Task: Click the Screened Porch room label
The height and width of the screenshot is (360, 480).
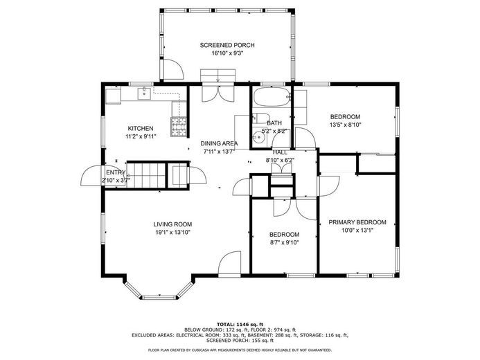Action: [x=227, y=45]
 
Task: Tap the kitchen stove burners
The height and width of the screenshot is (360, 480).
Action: [x=179, y=127]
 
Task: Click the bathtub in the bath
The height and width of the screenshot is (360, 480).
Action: [x=271, y=97]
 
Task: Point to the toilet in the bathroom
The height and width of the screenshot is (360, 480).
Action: [x=261, y=118]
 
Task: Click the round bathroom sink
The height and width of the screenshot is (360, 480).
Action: [x=259, y=138]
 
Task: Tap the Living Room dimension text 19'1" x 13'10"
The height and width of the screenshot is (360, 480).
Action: [x=172, y=233]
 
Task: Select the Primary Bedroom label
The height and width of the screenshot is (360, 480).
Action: [x=357, y=222]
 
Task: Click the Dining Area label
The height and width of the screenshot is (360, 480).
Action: [x=219, y=143]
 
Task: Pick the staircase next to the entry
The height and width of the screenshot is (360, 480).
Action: [x=146, y=175]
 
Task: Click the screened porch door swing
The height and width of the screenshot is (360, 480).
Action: [x=173, y=69]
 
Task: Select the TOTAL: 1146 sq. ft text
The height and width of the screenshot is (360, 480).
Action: [x=240, y=324]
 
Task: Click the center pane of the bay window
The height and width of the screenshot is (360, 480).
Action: [x=159, y=297]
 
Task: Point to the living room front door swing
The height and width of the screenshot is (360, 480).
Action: [x=229, y=264]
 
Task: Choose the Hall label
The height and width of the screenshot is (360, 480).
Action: [x=280, y=152]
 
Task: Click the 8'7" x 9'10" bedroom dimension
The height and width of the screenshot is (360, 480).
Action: [x=284, y=243]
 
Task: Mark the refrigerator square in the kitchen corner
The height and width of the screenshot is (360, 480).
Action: [x=113, y=97]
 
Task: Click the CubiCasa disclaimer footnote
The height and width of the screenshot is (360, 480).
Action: [x=240, y=350]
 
